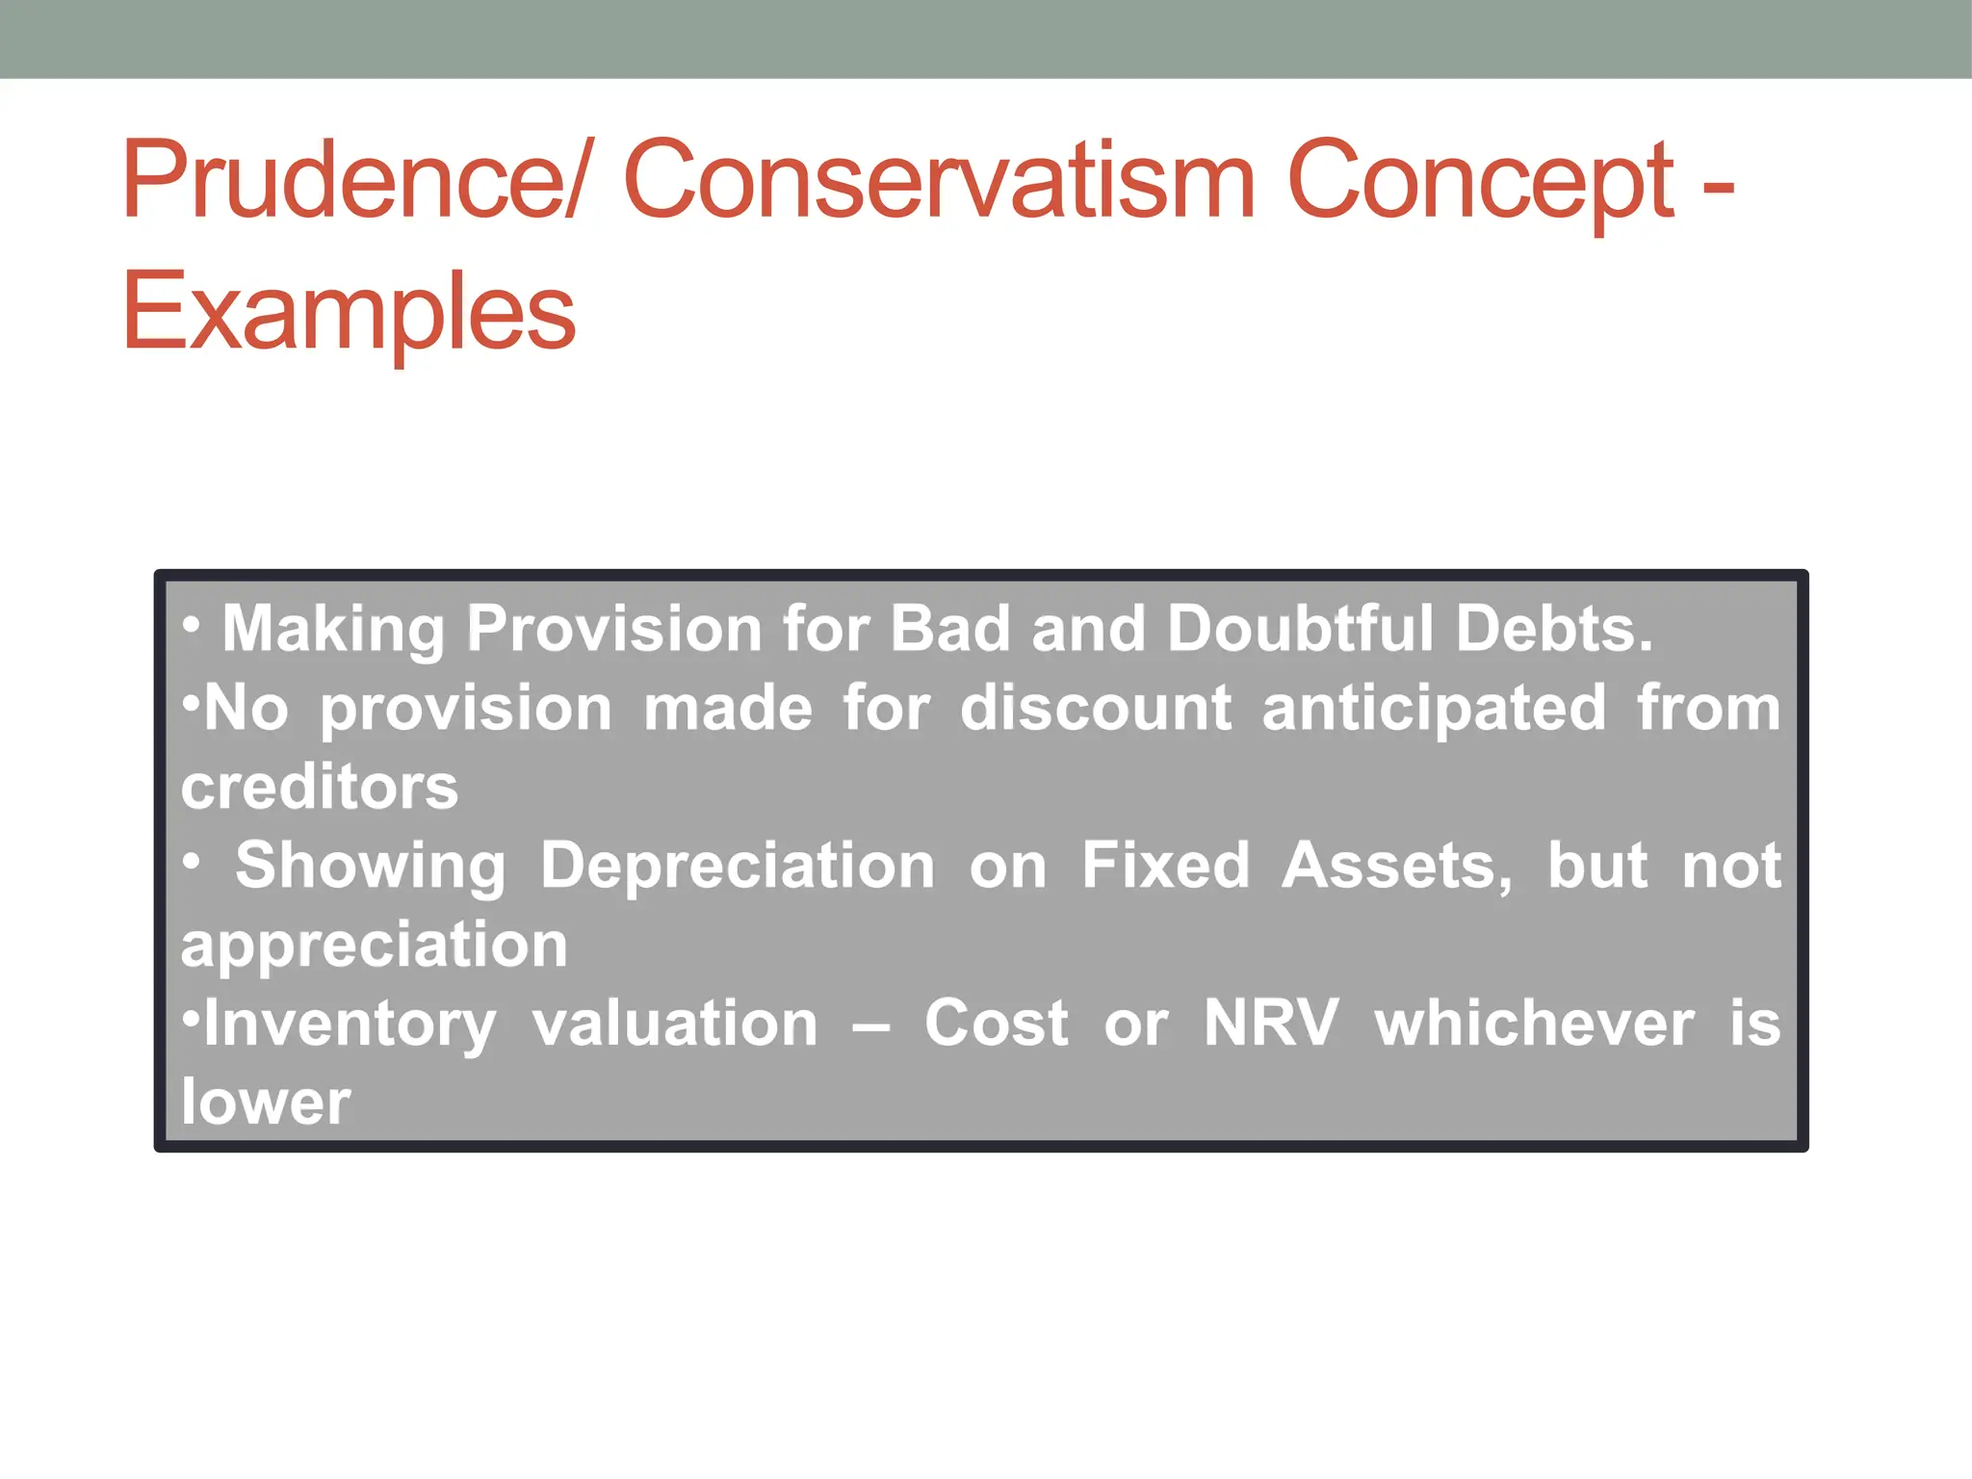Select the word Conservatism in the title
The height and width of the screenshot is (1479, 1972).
939,181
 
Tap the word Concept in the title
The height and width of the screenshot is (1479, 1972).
1480,181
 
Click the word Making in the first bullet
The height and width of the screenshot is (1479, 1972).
333,629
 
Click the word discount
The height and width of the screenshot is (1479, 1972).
1096,709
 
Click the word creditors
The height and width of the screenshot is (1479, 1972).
320,788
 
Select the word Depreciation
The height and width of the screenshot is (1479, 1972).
737,866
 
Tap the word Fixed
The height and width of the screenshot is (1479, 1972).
1165,866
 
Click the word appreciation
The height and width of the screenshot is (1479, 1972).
375,946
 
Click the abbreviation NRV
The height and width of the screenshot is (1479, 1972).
1271,1023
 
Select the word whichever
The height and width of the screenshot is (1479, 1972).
1534,1023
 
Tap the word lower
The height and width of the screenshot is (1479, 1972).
266,1103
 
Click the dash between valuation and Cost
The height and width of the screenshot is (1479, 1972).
870,1026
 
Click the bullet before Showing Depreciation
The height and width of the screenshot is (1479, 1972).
193,863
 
